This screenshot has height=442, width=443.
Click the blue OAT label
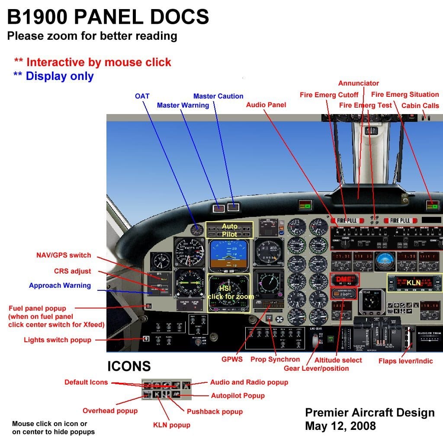(142, 96)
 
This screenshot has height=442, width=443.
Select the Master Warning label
(183, 105)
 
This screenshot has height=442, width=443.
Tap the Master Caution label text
(218, 96)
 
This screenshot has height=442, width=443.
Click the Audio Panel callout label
(266, 105)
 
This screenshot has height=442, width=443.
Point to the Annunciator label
(358, 83)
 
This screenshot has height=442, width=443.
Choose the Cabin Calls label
(420, 105)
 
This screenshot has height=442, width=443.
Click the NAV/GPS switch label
(64, 255)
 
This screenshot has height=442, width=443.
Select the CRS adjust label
(73, 271)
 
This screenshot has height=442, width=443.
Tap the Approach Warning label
(60, 285)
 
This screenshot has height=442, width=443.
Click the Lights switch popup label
(58, 340)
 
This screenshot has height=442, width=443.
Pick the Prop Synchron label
(275, 359)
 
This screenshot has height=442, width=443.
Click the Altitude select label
(338, 360)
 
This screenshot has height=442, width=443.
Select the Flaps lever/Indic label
(405, 361)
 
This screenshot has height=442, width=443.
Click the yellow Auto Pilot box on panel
(229, 230)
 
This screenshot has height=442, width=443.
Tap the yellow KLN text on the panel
(414, 283)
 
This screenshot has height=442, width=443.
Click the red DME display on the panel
(343, 279)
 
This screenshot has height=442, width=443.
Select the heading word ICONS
(129, 367)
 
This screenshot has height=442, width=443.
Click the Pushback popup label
(215, 411)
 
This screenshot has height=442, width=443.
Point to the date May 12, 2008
(340, 426)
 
